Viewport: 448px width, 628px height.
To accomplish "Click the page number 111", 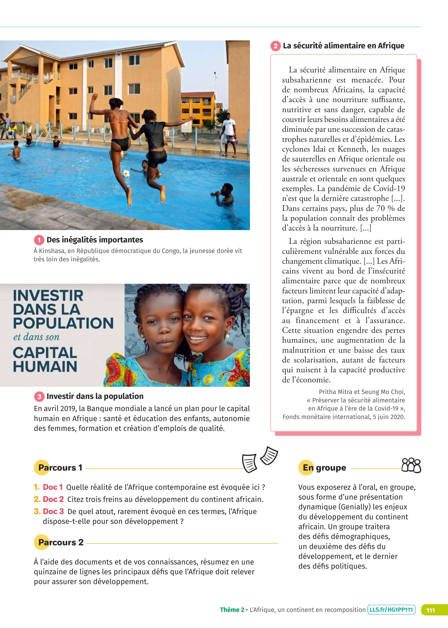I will point(431,610).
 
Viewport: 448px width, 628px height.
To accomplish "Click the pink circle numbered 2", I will point(275,46).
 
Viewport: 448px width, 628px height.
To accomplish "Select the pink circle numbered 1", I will point(39,240).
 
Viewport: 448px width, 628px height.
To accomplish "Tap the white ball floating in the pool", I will point(126,173).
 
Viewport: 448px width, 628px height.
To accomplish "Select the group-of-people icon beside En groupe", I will point(411,466).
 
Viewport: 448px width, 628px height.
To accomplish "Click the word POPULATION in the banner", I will point(63,323).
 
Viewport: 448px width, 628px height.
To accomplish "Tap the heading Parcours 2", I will point(61,542).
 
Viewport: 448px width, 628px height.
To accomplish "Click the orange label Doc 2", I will point(53,499).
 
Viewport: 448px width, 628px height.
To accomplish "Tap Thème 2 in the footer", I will point(232,610).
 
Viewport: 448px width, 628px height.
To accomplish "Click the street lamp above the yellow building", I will point(215,73).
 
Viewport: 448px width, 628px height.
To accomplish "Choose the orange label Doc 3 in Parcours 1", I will point(53,511).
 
